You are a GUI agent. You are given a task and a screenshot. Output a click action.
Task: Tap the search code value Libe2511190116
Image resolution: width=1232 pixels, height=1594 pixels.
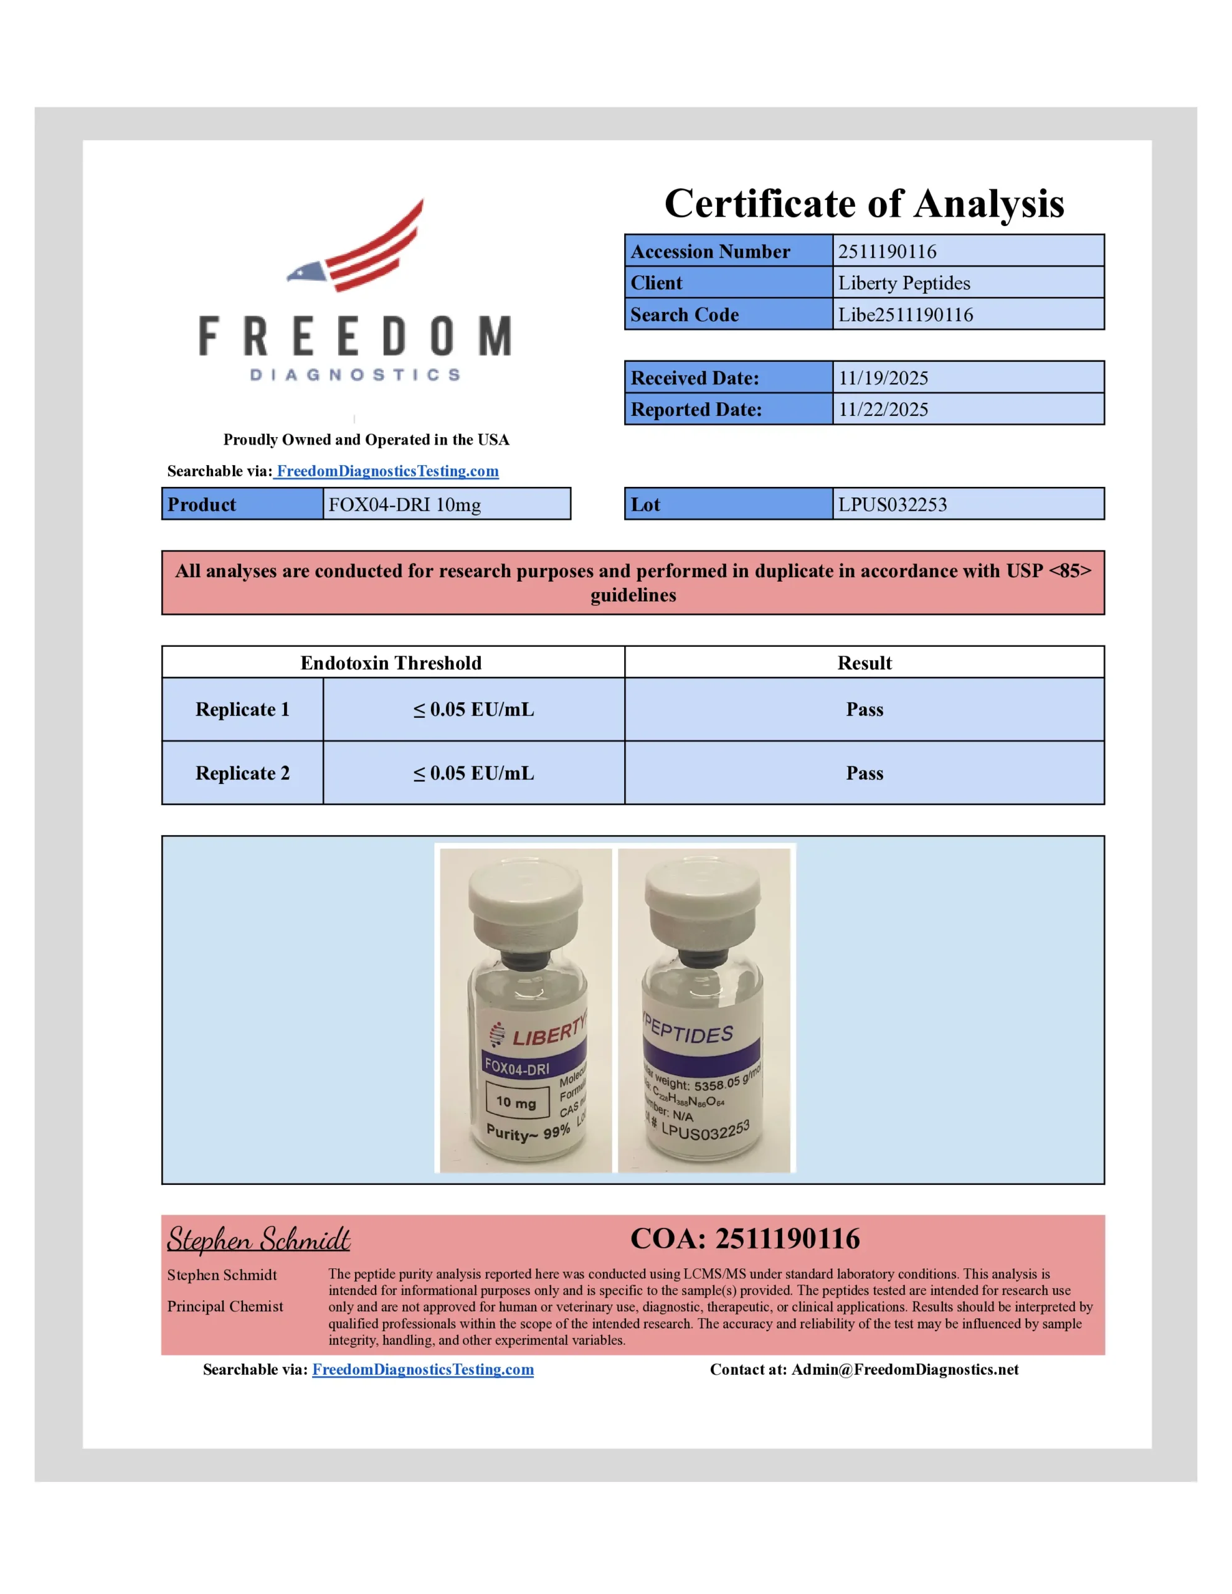pos(905,314)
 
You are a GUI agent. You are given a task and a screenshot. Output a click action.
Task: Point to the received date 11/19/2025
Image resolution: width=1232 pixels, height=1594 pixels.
pos(883,378)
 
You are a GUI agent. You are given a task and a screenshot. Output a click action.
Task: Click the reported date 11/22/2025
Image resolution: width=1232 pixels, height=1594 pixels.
pos(883,410)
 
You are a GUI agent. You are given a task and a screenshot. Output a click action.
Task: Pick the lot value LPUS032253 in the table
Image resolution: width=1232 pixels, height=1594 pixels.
pos(892,504)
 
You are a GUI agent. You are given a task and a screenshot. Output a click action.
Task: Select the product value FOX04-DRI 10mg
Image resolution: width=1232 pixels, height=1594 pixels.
pos(405,504)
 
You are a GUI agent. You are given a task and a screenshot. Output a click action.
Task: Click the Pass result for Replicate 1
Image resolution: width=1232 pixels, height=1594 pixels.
pos(864,709)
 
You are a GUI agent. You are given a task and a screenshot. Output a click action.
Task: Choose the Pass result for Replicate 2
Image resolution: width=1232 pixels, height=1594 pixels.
pos(864,773)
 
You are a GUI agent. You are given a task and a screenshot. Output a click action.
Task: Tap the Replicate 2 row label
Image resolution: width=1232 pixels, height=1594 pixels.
pos(242,773)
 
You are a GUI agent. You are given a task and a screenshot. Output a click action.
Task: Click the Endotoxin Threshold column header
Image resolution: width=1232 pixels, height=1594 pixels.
pos(391,663)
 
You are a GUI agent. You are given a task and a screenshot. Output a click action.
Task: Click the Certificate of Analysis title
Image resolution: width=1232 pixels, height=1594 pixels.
pos(864,203)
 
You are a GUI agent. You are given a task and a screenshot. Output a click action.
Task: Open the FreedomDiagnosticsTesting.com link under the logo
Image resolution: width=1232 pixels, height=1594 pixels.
pos(387,471)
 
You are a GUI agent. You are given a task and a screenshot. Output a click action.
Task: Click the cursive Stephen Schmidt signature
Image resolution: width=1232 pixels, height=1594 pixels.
pos(258,1239)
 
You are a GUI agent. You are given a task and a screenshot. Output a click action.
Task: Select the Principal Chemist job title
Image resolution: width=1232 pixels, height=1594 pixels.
pos(225,1306)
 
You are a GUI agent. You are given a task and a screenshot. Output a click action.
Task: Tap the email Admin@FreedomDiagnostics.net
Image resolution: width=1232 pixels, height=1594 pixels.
pos(904,1369)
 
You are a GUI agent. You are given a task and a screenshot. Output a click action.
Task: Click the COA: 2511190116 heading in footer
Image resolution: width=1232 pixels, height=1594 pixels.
pos(745,1238)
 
